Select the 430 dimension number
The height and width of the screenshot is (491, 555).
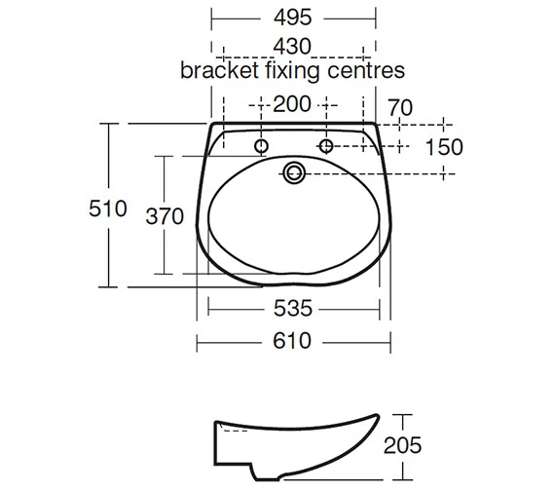[x=293, y=47]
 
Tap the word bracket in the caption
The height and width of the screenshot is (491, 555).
[x=216, y=71]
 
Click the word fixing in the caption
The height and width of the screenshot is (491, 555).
[x=289, y=71]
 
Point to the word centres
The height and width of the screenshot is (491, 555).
[x=364, y=71]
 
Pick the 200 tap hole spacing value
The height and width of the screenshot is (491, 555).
[x=293, y=104]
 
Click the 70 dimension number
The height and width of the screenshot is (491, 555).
[x=400, y=106]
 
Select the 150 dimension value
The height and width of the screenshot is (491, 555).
[x=443, y=147]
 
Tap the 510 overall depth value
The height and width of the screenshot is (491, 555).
[x=109, y=208]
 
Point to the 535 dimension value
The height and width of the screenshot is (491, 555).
[x=293, y=309]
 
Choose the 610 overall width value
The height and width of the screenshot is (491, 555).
[x=293, y=341]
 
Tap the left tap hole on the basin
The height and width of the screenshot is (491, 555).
[x=261, y=147]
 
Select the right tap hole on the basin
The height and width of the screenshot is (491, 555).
[x=326, y=147]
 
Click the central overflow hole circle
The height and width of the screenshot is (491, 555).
[x=293, y=174]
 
